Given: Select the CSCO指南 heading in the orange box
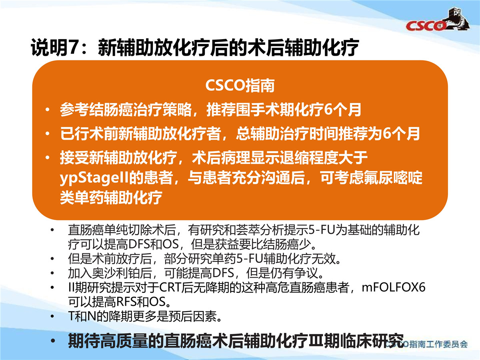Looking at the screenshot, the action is tap(240, 86).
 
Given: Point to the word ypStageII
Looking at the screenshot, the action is tap(94, 178).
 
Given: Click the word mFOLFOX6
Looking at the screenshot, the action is tap(394, 287).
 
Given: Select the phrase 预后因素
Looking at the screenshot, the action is tap(193, 316).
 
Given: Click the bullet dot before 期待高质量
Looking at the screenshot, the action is tap(52, 341).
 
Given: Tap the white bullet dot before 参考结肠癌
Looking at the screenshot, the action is tap(47, 110).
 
